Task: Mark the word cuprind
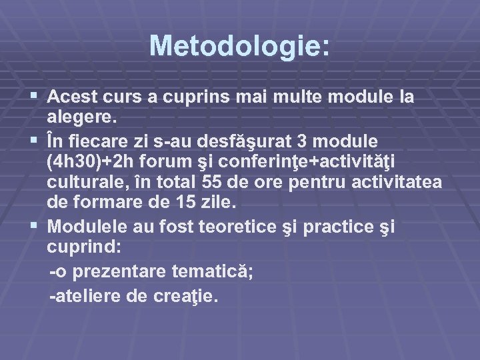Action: tap(81, 248)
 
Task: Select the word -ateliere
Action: tap(85, 296)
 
